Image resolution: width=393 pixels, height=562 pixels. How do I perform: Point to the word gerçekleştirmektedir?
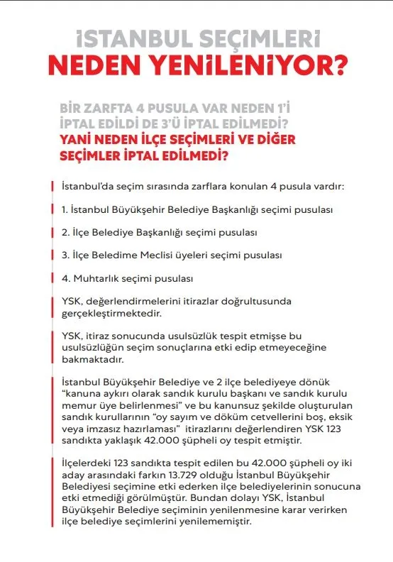[111, 312]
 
